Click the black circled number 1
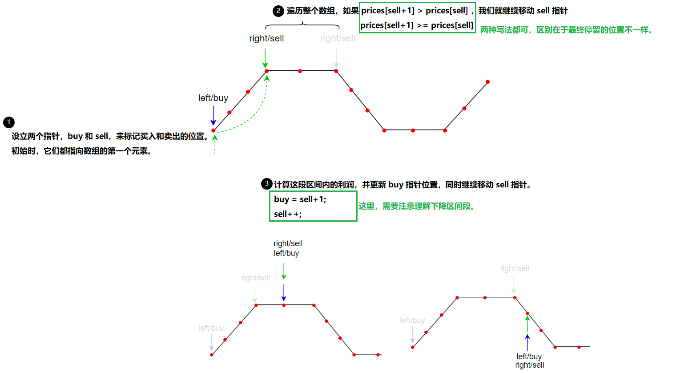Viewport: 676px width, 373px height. point(9,122)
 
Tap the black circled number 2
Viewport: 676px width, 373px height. point(278,11)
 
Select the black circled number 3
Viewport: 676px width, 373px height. point(267,183)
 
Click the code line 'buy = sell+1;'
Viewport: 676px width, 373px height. point(300,199)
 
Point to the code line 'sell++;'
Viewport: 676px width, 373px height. point(288,214)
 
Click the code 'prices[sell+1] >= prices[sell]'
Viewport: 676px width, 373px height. point(417,25)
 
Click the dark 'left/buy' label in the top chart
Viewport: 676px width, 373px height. point(213,98)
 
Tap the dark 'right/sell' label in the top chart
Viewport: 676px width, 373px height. point(266,39)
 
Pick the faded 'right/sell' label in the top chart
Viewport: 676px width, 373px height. point(338,39)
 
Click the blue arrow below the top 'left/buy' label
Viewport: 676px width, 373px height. point(213,116)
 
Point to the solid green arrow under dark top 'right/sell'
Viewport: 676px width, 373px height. point(266,58)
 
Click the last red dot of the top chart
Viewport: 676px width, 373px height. point(488,82)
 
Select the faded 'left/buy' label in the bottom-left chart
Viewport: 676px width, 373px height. point(211,328)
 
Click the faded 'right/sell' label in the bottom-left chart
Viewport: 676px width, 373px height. point(256,278)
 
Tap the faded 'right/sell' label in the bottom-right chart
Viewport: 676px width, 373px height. point(515,268)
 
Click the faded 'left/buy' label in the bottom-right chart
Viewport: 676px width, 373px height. point(412,320)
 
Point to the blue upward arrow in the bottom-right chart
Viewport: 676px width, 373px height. point(527,342)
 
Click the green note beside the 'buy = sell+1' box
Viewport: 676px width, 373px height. point(416,206)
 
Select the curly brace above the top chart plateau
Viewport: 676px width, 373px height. point(302,24)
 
